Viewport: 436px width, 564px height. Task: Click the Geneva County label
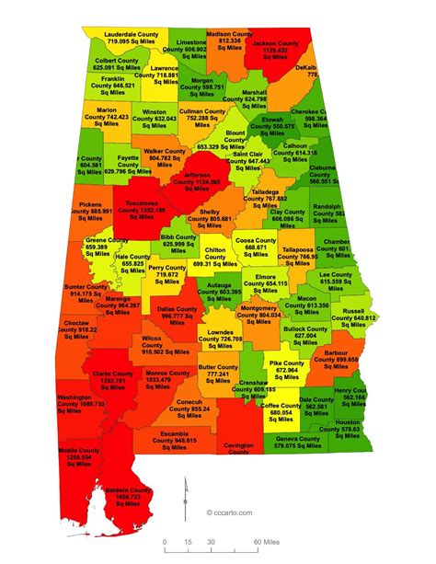[x=298, y=443]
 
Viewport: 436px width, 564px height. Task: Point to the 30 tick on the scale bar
[x=211, y=543]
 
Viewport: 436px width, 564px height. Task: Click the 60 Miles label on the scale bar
[x=267, y=543]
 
